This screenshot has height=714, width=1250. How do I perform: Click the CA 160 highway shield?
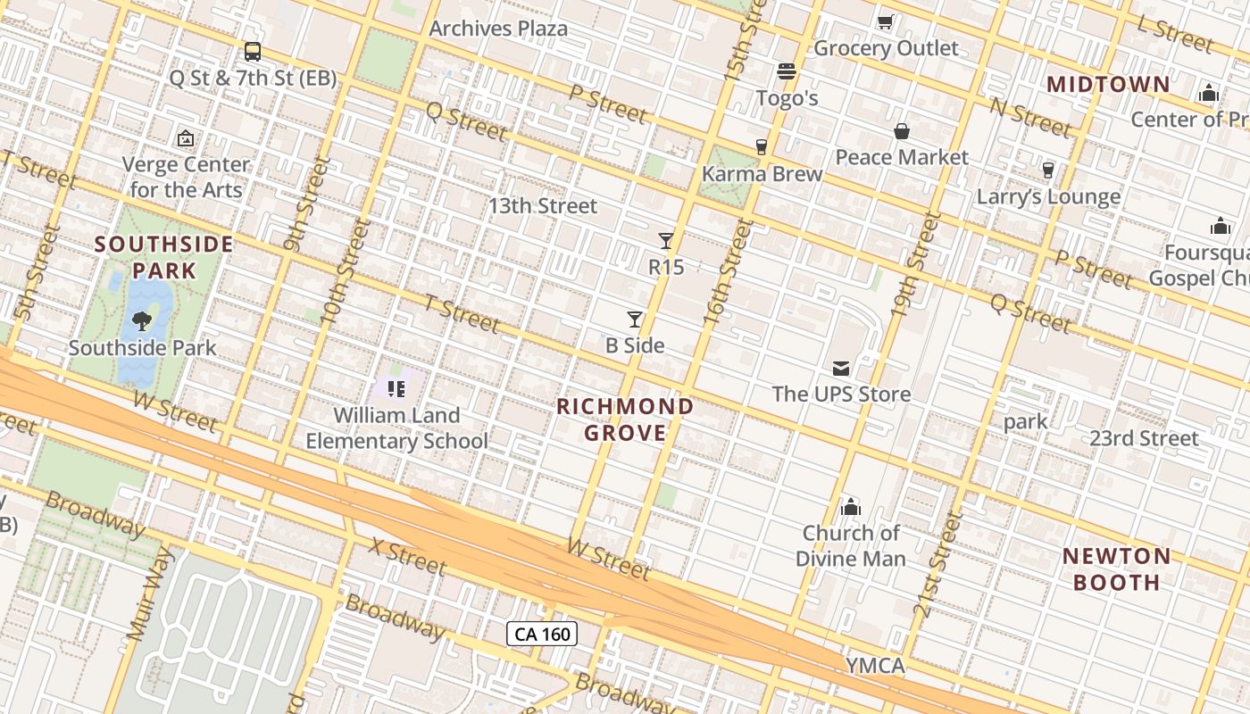542,635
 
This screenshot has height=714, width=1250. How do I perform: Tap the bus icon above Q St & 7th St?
253,52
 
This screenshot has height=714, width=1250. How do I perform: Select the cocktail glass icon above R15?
666,240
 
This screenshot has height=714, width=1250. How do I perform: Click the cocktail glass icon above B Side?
635,319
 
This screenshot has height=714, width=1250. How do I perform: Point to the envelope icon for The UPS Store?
841,368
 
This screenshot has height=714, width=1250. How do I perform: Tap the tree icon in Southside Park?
141,321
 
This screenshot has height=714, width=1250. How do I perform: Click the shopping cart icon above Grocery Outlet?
886,21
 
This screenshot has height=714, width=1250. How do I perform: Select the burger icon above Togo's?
787,71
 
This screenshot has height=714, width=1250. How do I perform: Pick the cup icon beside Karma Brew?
762,147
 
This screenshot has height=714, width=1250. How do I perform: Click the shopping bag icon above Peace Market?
902,131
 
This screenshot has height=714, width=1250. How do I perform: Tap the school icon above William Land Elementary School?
397,388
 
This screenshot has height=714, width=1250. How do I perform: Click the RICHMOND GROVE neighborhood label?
625,420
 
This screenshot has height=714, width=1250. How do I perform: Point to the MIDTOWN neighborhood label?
1108,85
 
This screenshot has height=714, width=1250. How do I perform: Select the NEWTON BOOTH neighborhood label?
1116,569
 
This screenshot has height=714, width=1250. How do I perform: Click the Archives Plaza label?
498,29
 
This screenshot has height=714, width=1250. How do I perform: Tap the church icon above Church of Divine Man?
851,507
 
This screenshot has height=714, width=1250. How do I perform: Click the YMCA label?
875,666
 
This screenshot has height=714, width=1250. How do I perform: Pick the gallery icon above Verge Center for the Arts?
186,138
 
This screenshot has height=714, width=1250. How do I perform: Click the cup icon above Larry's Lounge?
1048,170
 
